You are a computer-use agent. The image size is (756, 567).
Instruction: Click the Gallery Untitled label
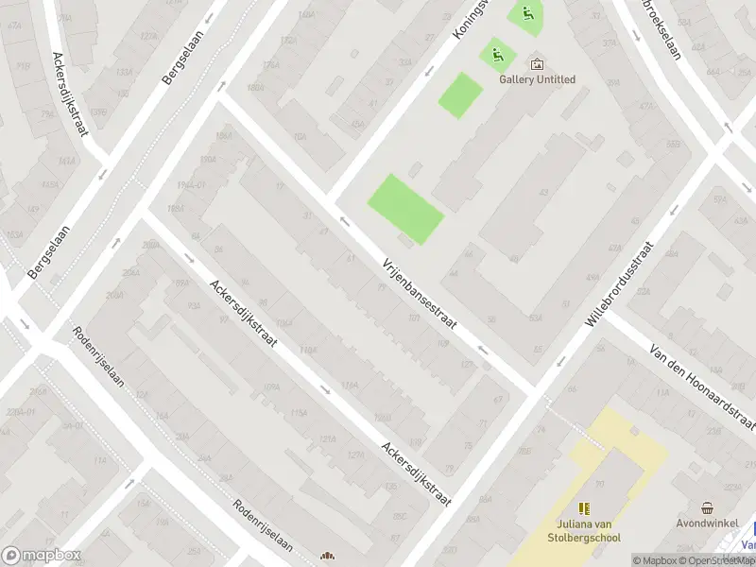tap(537, 79)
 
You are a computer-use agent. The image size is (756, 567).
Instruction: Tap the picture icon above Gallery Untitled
tap(537, 64)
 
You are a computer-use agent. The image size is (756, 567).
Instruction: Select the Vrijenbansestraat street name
tap(420, 294)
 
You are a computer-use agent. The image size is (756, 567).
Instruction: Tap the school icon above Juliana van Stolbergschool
tap(583, 508)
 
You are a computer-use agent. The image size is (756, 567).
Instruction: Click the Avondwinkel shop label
tap(707, 523)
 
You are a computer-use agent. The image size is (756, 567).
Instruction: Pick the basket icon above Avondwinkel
tap(707, 507)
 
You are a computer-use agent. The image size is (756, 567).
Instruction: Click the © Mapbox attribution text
tap(655, 560)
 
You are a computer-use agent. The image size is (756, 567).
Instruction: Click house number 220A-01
tap(19, 412)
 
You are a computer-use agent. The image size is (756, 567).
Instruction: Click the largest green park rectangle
tap(404, 208)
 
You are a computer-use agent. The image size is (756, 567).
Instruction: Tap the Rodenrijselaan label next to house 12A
tap(99, 364)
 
